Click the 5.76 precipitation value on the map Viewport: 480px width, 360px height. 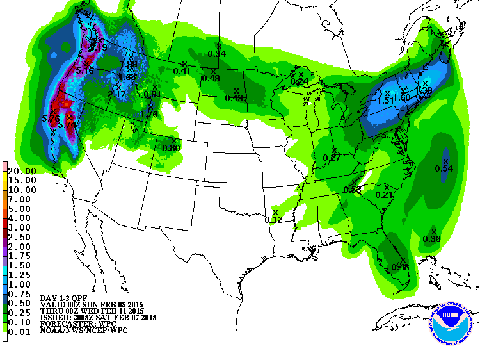50,119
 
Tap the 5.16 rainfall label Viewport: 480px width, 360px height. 84,70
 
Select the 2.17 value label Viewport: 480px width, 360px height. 118,94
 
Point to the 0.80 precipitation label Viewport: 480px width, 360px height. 172,148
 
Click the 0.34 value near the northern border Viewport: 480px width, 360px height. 218,54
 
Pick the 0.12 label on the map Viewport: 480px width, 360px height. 274,220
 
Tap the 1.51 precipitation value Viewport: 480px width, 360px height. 385,101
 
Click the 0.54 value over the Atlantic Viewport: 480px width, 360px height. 444,168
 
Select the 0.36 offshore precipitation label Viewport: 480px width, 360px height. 432,239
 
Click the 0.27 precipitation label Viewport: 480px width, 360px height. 332,158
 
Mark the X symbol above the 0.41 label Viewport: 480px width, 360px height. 184,63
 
